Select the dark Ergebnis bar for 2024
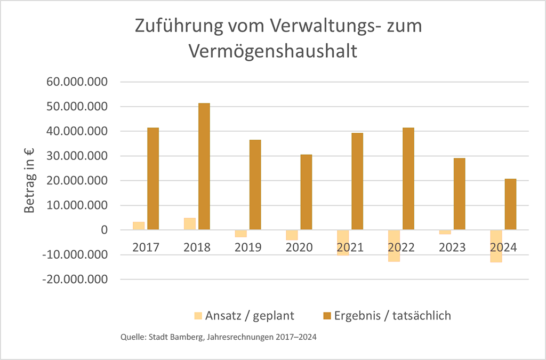pos(510,204)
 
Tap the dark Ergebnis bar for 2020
pos(306,192)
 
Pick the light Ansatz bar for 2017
pos(139,226)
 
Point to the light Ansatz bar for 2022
pos(394,246)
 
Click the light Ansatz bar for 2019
pos(241,234)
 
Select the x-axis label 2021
pos(350,247)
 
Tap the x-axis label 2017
pos(146,247)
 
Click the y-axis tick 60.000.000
pos(78,82)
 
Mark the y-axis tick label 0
pos(103,230)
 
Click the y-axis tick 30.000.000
pos(78,156)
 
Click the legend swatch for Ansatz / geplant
pos(198,316)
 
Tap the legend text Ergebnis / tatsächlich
pos(392,316)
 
